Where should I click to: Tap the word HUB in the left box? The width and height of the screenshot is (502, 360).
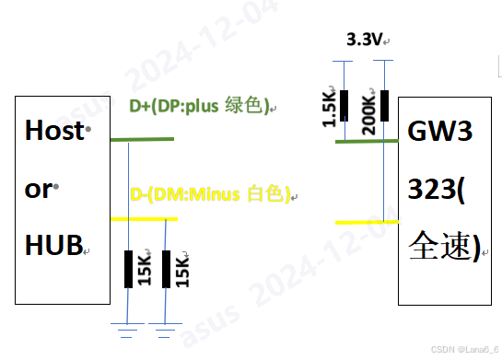[x=52, y=244]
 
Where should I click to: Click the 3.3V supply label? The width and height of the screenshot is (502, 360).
[x=364, y=41]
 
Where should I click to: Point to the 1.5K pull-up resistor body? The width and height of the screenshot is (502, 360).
[x=345, y=105]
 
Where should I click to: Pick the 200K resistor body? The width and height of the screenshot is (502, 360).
[x=384, y=105]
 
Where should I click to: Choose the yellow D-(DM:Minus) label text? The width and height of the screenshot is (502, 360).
[x=210, y=194]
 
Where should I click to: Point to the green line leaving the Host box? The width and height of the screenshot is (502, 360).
[x=141, y=139]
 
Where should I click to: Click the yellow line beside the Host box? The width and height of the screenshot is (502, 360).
[x=143, y=218]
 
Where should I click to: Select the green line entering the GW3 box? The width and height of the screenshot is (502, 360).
[x=367, y=140]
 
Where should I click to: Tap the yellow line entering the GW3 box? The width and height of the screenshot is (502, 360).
[x=367, y=222]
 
